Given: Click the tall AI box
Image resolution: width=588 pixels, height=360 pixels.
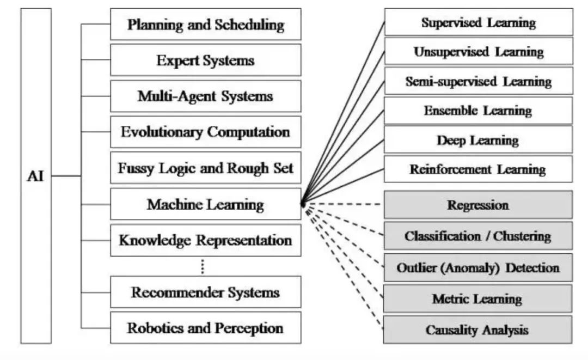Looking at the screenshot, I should (36, 176).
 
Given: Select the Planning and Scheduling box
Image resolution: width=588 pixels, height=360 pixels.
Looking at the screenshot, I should (205, 25).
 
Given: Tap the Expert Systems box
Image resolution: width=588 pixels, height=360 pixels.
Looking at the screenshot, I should (205, 60).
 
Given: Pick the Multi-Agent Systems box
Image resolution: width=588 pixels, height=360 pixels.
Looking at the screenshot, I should (205, 96).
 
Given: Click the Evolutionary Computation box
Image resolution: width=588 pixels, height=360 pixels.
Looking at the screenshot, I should (205, 132).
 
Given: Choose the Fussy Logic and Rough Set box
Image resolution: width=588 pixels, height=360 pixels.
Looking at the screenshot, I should (205, 168).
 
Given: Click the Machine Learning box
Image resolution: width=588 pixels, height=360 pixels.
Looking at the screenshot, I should (205, 204).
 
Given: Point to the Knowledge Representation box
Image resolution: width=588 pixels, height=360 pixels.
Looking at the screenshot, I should (205, 240).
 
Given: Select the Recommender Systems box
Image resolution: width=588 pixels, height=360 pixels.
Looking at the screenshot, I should (205, 292).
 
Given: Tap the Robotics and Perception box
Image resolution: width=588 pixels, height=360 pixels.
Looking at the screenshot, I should (205, 328).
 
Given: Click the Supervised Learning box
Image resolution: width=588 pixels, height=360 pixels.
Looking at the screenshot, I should (478, 22).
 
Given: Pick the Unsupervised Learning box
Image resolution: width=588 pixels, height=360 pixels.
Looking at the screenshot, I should (478, 52).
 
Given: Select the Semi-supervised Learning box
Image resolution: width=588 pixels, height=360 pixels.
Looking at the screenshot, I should (478, 81).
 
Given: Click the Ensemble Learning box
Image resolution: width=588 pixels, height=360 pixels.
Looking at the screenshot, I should (478, 111).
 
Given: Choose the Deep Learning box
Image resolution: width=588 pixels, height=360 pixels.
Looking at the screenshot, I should (478, 140).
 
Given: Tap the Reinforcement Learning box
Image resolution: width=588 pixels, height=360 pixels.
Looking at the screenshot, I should (478, 169).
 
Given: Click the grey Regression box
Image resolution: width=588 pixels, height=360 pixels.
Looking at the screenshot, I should (478, 205).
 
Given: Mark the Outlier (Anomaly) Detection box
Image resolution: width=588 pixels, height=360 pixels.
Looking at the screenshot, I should (478, 267).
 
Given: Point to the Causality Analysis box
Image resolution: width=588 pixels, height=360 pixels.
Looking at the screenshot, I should (478, 330).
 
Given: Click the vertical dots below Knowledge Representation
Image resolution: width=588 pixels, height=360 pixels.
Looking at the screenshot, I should (203, 266).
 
